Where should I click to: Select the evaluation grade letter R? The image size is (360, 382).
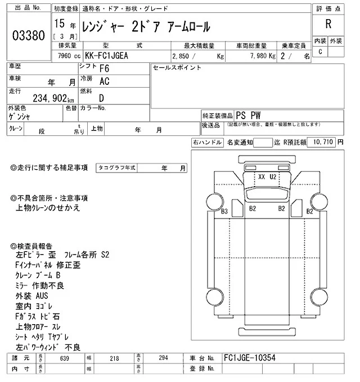328,24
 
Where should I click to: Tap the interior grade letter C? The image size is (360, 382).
320,52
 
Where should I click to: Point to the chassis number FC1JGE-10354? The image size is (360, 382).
249,358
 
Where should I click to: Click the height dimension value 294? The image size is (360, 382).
163,358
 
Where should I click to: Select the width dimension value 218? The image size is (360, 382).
114,358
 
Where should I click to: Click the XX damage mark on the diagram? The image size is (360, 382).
262,176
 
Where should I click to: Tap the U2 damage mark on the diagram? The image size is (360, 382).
273,176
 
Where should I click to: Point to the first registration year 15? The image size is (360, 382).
60,25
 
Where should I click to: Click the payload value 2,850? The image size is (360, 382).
182,56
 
